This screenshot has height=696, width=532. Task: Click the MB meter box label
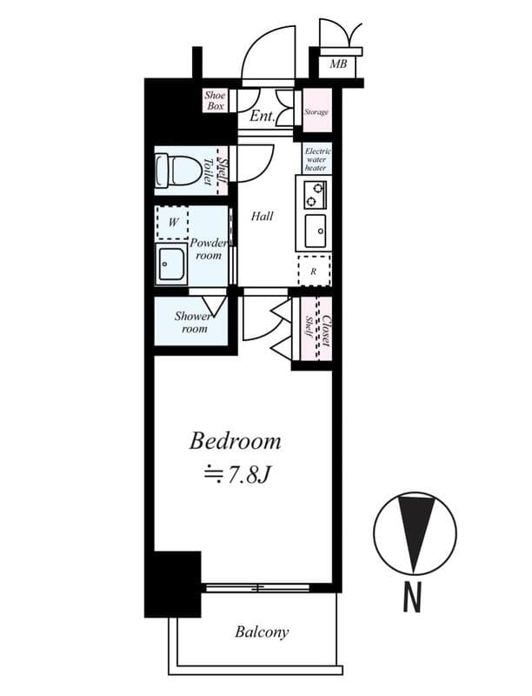pyautogui.click(x=338, y=64)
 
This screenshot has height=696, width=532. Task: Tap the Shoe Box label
pyautogui.click(x=215, y=100)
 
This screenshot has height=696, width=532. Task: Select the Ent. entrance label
pyautogui.click(x=263, y=117)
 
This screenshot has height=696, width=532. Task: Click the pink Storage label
pyautogui.click(x=316, y=112)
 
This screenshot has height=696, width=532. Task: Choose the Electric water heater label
pyautogui.click(x=317, y=159)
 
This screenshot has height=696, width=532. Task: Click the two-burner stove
pyautogui.click(x=315, y=195)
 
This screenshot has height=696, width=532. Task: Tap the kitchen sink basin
pyautogui.click(x=316, y=231)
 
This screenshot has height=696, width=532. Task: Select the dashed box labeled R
pyautogui.click(x=315, y=271)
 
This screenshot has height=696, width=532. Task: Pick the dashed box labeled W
pyautogui.click(x=172, y=223)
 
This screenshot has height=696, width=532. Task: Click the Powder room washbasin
pyautogui.click(x=171, y=264)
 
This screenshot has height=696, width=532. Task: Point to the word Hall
pyautogui.click(x=262, y=216)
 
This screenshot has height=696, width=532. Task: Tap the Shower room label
pyautogui.click(x=192, y=322)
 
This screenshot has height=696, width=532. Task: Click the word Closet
pyautogui.click(x=325, y=331)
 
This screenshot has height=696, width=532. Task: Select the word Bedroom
pyautogui.click(x=235, y=442)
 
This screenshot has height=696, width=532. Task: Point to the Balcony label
pyautogui.click(x=262, y=632)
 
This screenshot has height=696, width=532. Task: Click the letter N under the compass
pyautogui.click(x=412, y=598)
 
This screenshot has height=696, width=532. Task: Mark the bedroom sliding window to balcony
pyautogui.click(x=258, y=588)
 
